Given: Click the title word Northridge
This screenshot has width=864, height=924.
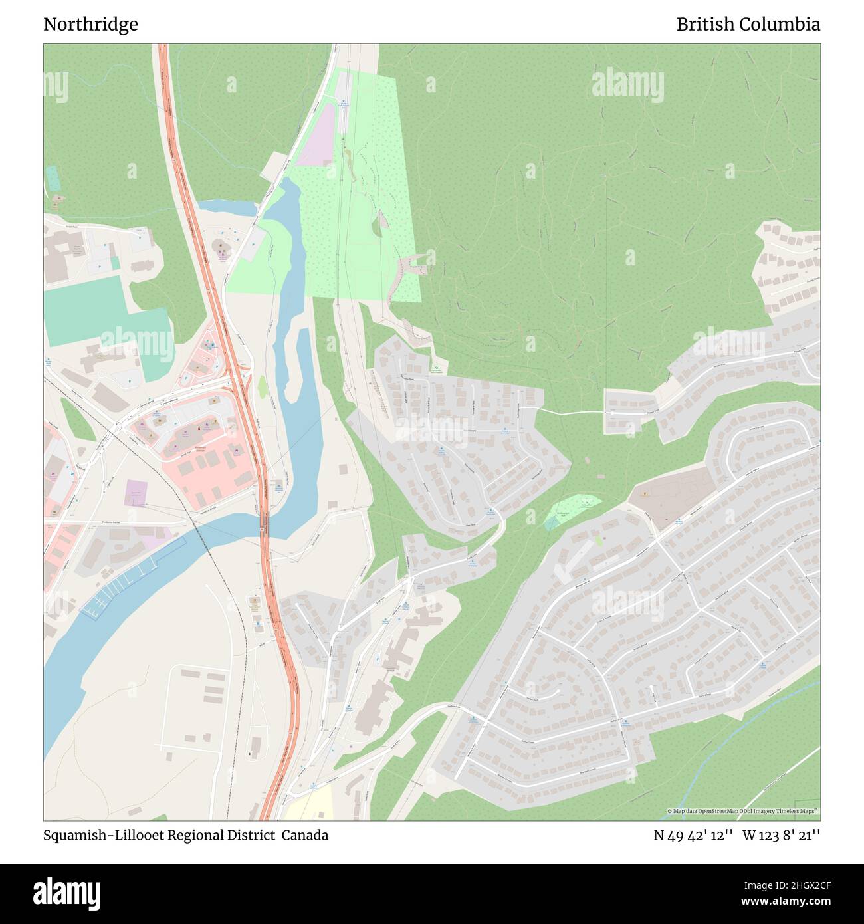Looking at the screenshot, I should pos(90,25).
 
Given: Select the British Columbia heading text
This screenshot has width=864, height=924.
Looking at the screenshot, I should pos(748,25).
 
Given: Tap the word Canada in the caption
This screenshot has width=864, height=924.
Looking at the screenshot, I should pos(304,835).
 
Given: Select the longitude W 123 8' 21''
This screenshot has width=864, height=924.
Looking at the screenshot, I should pos(781,835).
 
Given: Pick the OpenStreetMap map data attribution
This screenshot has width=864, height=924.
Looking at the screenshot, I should pos(742,811).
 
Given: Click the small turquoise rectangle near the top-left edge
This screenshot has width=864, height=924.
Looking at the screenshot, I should pos(53,177).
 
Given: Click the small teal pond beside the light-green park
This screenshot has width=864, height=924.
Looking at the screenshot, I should pos(551,523).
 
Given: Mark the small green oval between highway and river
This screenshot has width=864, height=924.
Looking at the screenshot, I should pos(262,385).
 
